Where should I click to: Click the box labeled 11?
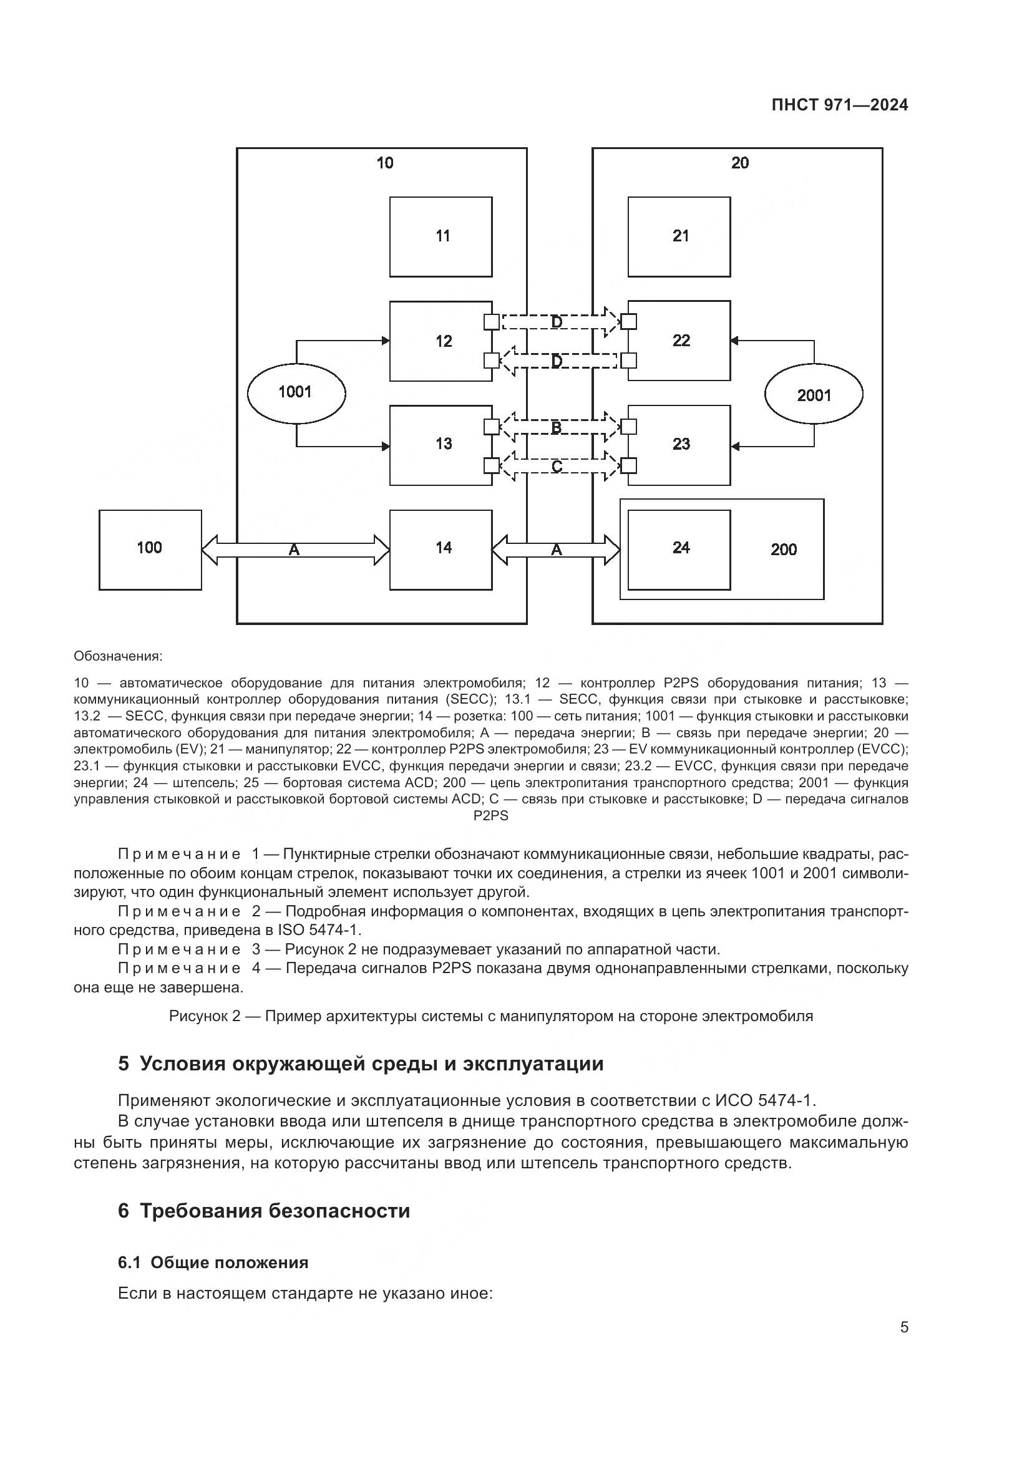441,236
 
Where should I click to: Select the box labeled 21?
679,236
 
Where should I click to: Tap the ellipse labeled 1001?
296,392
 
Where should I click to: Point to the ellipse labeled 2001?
814,395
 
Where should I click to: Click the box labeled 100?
150,549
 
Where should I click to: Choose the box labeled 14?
441,549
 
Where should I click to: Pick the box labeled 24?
679,549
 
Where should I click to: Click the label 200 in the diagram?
784,550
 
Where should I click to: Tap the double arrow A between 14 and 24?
556,550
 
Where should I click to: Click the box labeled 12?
441,341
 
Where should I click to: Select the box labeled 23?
679,445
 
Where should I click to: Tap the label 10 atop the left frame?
384,163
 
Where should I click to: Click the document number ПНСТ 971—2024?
839,105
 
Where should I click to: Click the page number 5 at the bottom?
904,1327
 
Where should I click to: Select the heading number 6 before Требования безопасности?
124,1211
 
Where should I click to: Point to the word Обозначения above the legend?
118,656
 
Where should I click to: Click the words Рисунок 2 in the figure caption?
205,1016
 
